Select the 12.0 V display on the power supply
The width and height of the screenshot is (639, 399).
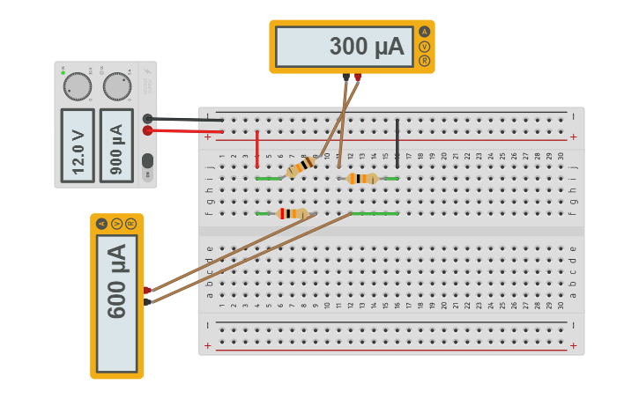tap(78, 143)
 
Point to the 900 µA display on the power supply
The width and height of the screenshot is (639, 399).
tap(117, 143)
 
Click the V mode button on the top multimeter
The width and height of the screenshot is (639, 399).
tap(425, 46)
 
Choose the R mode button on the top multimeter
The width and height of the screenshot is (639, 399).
tap(425, 60)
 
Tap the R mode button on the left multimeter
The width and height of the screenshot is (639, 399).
tap(130, 224)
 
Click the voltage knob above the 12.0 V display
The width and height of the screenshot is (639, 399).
tap(78, 86)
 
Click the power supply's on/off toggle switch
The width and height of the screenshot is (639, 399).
tap(147, 161)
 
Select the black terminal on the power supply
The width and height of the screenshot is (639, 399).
tap(147, 118)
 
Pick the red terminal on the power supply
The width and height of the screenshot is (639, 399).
tap(147, 130)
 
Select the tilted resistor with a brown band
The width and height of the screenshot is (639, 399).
tap(301, 166)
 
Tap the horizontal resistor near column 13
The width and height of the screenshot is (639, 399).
tap(362, 179)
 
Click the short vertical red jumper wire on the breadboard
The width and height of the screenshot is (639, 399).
tap(257, 149)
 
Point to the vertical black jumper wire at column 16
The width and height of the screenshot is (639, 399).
tap(398, 142)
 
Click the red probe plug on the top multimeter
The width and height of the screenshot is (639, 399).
tap(358, 77)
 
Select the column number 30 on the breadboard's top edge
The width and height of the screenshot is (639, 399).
tap(561, 156)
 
